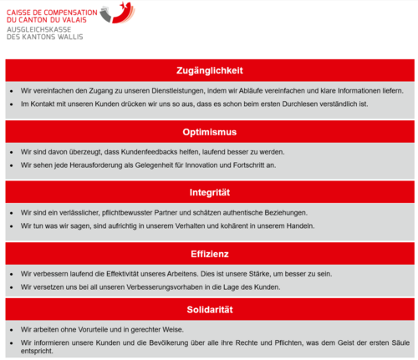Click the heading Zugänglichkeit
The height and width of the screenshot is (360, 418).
[210, 70]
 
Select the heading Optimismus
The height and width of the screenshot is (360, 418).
[210, 132]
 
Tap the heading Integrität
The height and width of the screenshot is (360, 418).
[210, 193]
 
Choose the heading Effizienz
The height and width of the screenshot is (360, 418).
[210, 253]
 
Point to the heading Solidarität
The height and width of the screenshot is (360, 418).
[210, 310]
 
